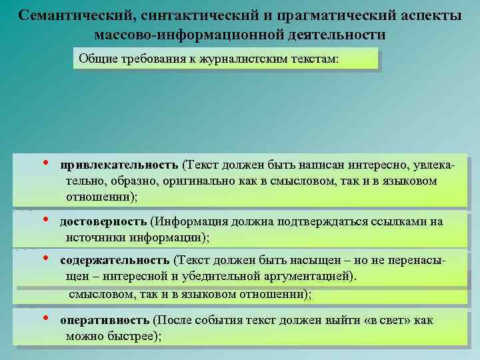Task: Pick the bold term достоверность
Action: [103, 221]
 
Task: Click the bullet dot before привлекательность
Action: [46, 163]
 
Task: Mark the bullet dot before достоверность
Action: [46, 220]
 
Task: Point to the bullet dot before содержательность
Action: [46, 259]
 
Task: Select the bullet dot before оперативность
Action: [46, 319]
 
